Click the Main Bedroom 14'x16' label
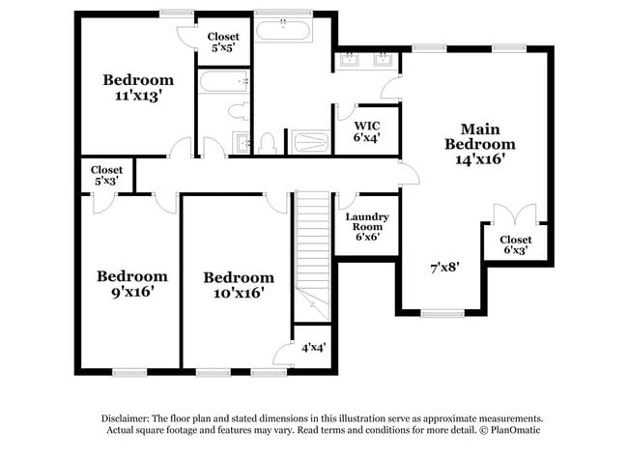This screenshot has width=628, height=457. click(480, 144)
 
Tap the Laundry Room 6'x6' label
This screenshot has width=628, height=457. click(367, 227)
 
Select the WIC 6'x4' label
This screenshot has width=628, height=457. click(366, 131)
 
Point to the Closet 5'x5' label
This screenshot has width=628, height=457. click(223, 43)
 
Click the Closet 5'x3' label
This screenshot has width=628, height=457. click(106, 176)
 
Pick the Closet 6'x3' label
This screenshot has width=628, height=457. click(516, 244)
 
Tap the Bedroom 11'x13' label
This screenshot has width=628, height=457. click(138, 88)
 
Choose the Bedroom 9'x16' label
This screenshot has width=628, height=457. click(132, 284)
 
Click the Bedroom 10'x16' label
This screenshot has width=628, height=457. click(239, 285)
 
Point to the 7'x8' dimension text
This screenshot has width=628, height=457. click(444, 268)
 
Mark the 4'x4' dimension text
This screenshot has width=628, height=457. click(314, 347)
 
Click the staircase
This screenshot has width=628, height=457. click(312, 255)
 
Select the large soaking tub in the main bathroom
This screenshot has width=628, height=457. click(283, 30)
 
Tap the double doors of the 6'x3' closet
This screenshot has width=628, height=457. click(515, 214)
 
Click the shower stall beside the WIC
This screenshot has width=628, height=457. click(310, 142)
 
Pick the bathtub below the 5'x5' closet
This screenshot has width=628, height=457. click(224, 82)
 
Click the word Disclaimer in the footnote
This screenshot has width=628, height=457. click(126, 419)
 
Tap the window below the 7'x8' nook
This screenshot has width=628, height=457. click(442, 314)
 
